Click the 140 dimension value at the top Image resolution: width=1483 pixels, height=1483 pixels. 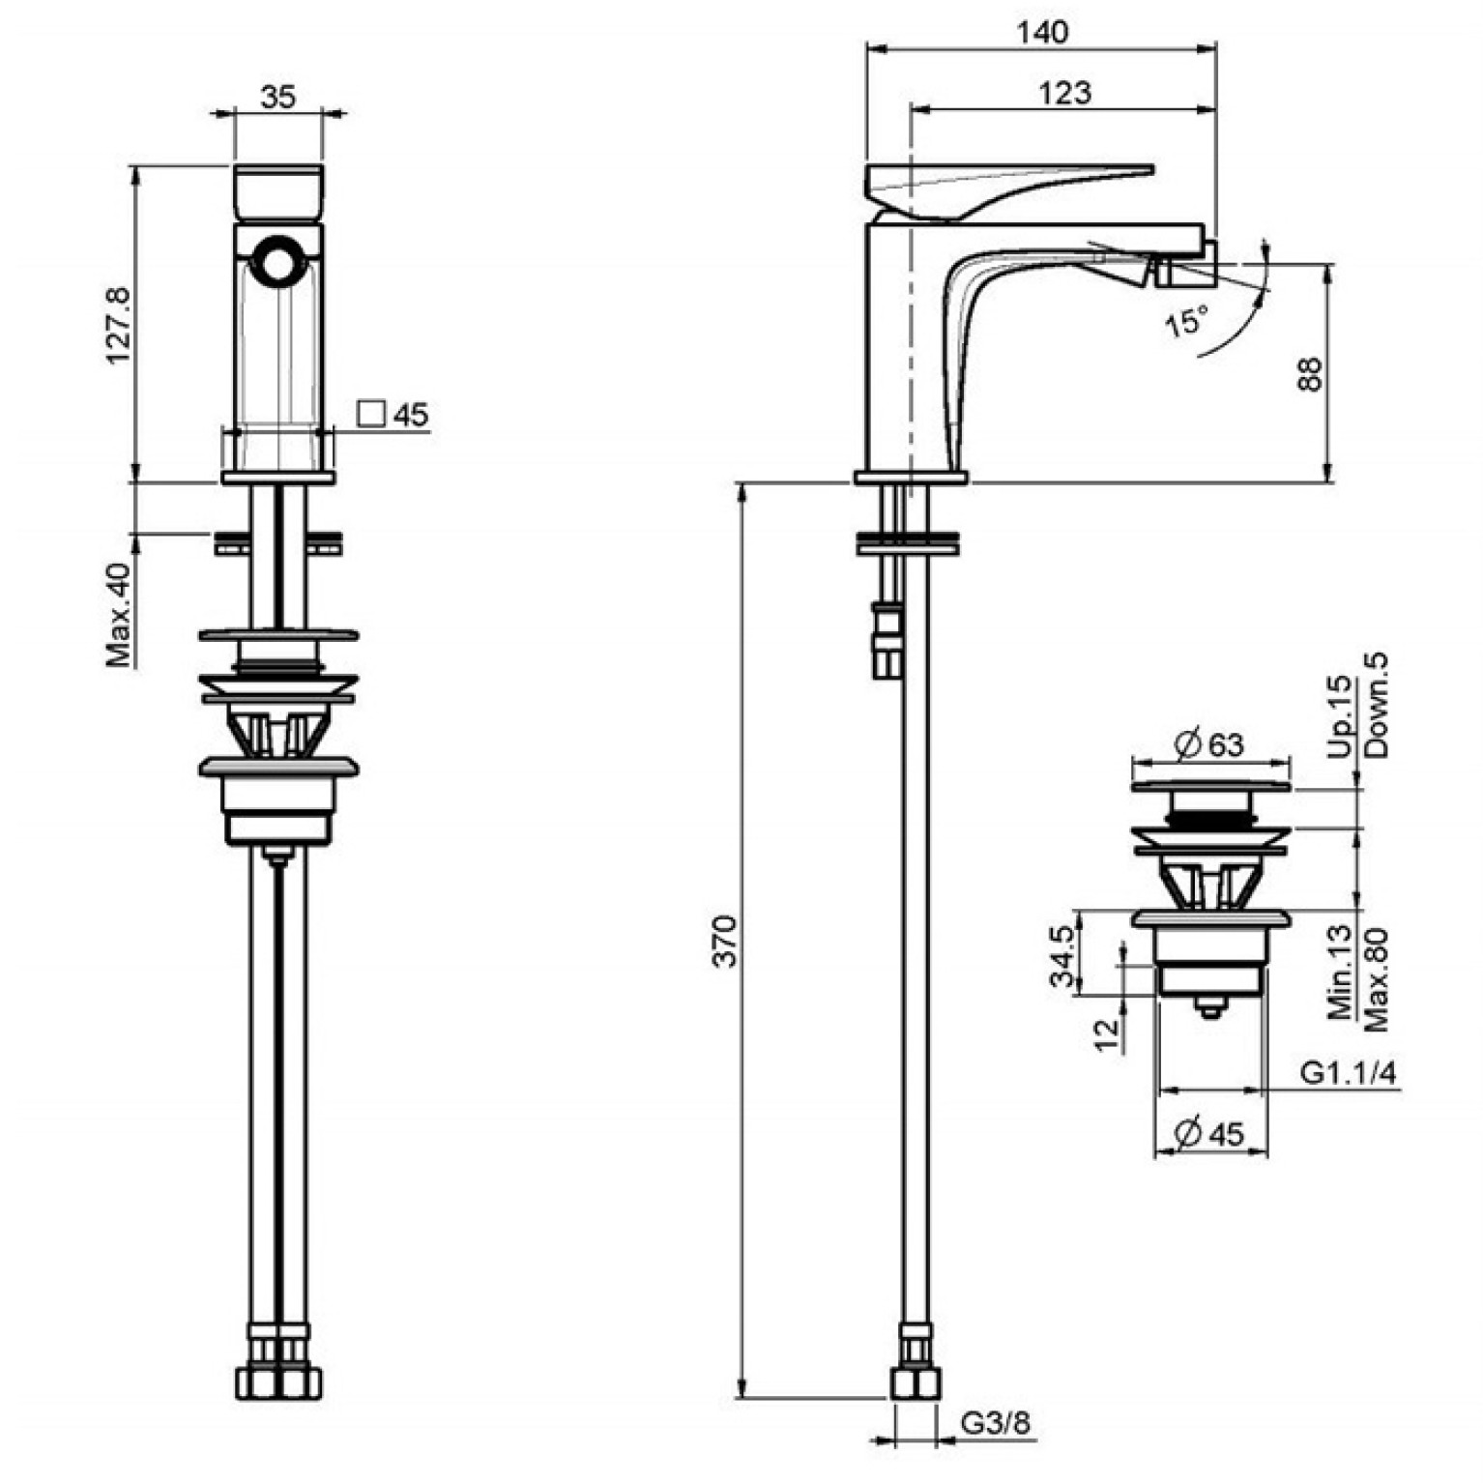1043,32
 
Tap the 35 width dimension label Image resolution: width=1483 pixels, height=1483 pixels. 277,97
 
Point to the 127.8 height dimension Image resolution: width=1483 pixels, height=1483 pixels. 118,324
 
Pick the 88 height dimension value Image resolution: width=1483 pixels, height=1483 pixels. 1308,374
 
